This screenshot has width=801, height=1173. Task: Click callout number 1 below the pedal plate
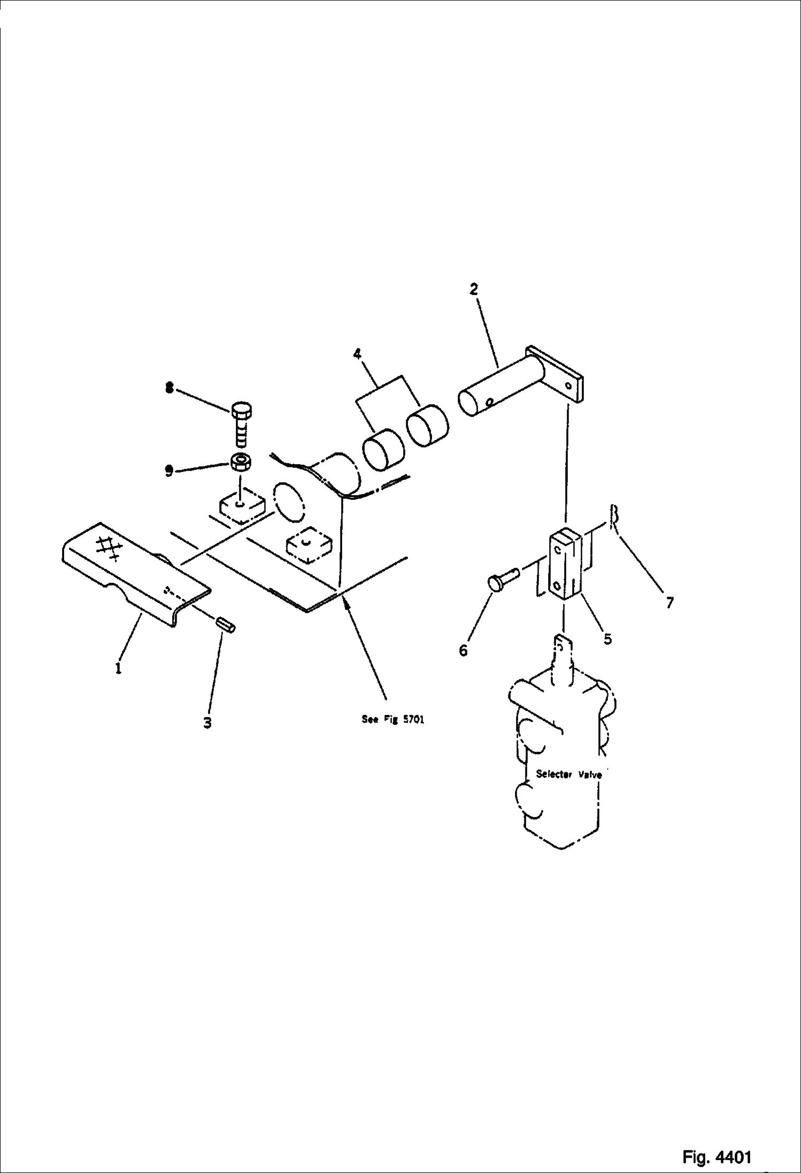point(118,668)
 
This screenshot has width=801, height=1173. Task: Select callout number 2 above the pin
point(473,289)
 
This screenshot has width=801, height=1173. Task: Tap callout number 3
point(207,723)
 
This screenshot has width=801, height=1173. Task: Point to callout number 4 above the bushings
point(357,353)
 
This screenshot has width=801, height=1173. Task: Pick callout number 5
point(607,638)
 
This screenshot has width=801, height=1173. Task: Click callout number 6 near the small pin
point(463,651)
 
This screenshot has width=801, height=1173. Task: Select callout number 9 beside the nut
point(169,471)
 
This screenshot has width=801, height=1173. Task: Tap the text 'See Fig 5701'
point(393,719)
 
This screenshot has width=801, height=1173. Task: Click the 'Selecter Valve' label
point(569,774)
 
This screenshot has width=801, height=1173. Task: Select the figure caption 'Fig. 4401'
point(717,1143)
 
